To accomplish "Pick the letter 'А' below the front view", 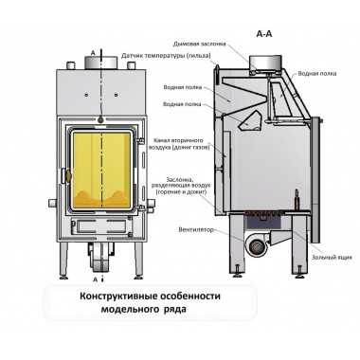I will (x=92, y=280).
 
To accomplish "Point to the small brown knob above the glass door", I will (x=99, y=106).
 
